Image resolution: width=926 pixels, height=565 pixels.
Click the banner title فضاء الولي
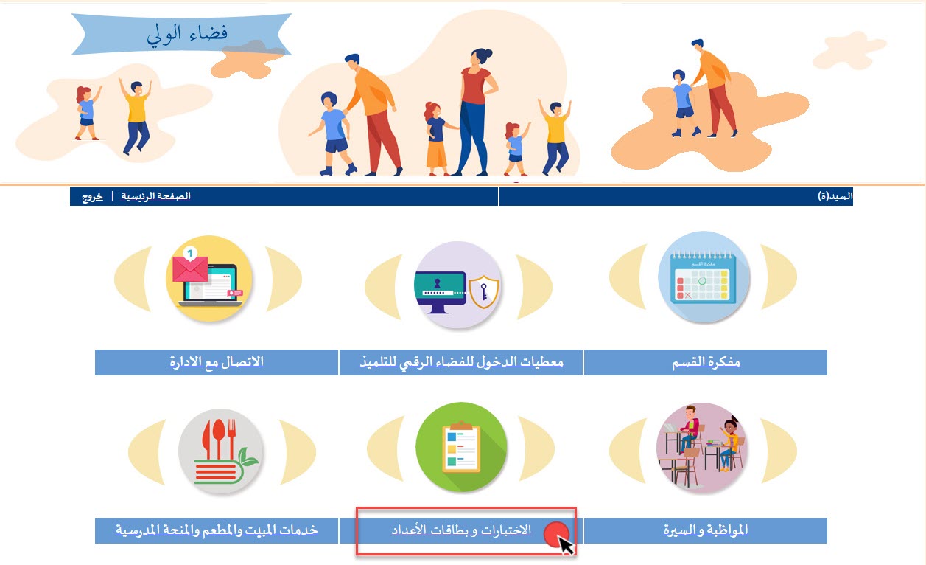point(187,34)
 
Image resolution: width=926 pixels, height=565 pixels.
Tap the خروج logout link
point(92,196)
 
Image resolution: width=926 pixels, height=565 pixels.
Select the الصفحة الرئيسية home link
point(156,195)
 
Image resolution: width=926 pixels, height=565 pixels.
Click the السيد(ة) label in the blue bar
point(835,196)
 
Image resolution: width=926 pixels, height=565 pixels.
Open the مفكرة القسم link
point(706,362)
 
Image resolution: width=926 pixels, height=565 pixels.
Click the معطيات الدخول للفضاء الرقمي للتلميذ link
point(461,362)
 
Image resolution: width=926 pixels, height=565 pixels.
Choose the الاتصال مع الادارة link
point(217,362)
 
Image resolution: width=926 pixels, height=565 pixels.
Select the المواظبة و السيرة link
point(706,530)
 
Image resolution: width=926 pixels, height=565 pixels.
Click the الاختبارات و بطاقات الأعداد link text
point(461,530)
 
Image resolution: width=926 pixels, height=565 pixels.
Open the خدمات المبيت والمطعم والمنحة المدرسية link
point(217,530)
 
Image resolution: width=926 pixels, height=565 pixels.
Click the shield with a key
point(484,292)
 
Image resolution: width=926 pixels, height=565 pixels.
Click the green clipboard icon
point(461,447)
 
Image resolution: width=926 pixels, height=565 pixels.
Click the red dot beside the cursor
point(555,534)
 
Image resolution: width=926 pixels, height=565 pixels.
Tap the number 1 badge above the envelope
point(190,253)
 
